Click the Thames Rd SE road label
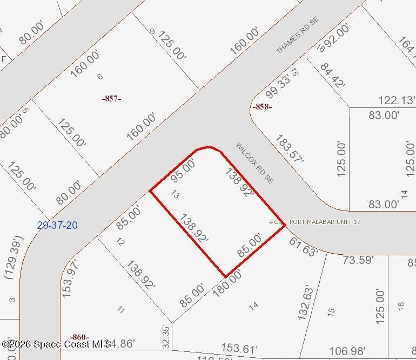point(298,35)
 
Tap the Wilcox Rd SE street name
point(254,162)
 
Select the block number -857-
point(111,98)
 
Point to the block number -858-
point(262,107)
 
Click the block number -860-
point(79,337)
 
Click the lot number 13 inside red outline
point(175,194)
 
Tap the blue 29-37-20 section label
point(57,225)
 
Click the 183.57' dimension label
point(289,148)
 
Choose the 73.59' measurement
point(358,260)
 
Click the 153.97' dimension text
point(69,278)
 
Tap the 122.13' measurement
point(397,100)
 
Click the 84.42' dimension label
point(332,77)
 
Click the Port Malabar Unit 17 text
point(325,222)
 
